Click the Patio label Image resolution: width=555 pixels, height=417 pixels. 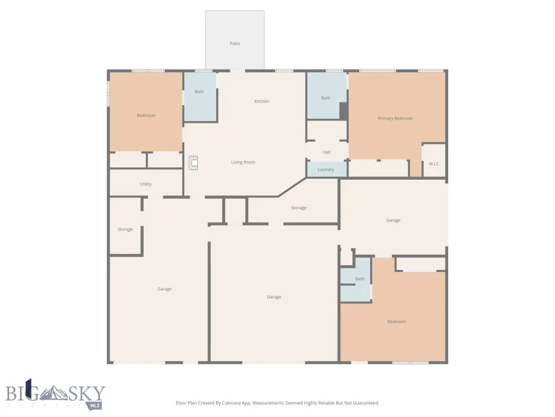click(x=235, y=43)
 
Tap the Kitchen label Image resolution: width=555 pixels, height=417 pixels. click(x=262, y=102)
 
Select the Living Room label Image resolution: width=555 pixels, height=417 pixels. click(x=243, y=162)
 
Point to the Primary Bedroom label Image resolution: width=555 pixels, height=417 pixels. click(x=395, y=118)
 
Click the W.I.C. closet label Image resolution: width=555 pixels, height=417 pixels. click(x=434, y=163)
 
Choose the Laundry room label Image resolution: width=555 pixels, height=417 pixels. click(x=326, y=169)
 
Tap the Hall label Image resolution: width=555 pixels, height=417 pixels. click(x=326, y=152)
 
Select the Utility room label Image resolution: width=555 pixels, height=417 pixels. click(x=146, y=184)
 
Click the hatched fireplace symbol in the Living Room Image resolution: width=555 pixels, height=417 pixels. click(x=193, y=163)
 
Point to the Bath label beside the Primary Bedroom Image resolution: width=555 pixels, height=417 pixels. click(x=325, y=98)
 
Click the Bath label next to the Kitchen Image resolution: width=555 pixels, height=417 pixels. click(x=199, y=92)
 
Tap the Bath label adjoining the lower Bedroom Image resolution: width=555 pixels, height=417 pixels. click(x=360, y=279)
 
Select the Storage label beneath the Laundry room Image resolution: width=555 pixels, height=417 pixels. click(x=299, y=208)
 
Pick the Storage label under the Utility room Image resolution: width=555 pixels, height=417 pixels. click(x=125, y=230)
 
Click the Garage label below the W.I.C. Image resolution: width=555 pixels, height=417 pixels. click(x=393, y=220)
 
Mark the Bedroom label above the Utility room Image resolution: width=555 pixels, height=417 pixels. click(x=146, y=115)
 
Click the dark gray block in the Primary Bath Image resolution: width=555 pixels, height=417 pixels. click(x=343, y=111)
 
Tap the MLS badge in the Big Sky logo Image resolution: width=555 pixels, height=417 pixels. click(x=95, y=405)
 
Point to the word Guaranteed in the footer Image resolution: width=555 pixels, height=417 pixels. click(x=366, y=403)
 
